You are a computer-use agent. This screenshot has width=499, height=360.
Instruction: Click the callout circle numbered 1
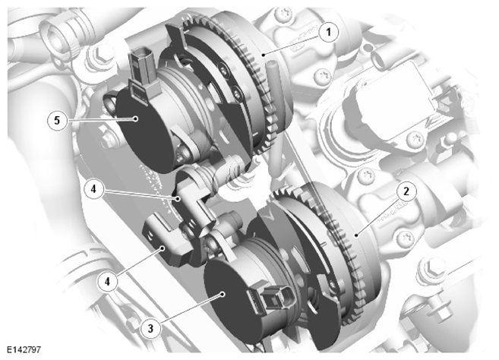click(x=328, y=32)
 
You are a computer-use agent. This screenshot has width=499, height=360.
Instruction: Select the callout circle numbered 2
click(x=406, y=192)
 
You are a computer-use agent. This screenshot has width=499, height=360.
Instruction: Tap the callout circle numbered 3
click(x=151, y=328)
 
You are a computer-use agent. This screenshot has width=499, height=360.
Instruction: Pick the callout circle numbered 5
click(x=57, y=120)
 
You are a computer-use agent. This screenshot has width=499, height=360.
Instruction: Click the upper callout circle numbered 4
click(x=93, y=189)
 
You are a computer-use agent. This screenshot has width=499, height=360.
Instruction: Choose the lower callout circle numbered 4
click(x=108, y=282)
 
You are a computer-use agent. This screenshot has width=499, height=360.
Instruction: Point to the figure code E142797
click(x=24, y=349)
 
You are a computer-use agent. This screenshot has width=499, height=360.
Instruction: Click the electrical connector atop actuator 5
click(x=142, y=71)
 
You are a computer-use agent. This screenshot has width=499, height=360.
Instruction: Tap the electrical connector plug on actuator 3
click(x=273, y=299)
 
